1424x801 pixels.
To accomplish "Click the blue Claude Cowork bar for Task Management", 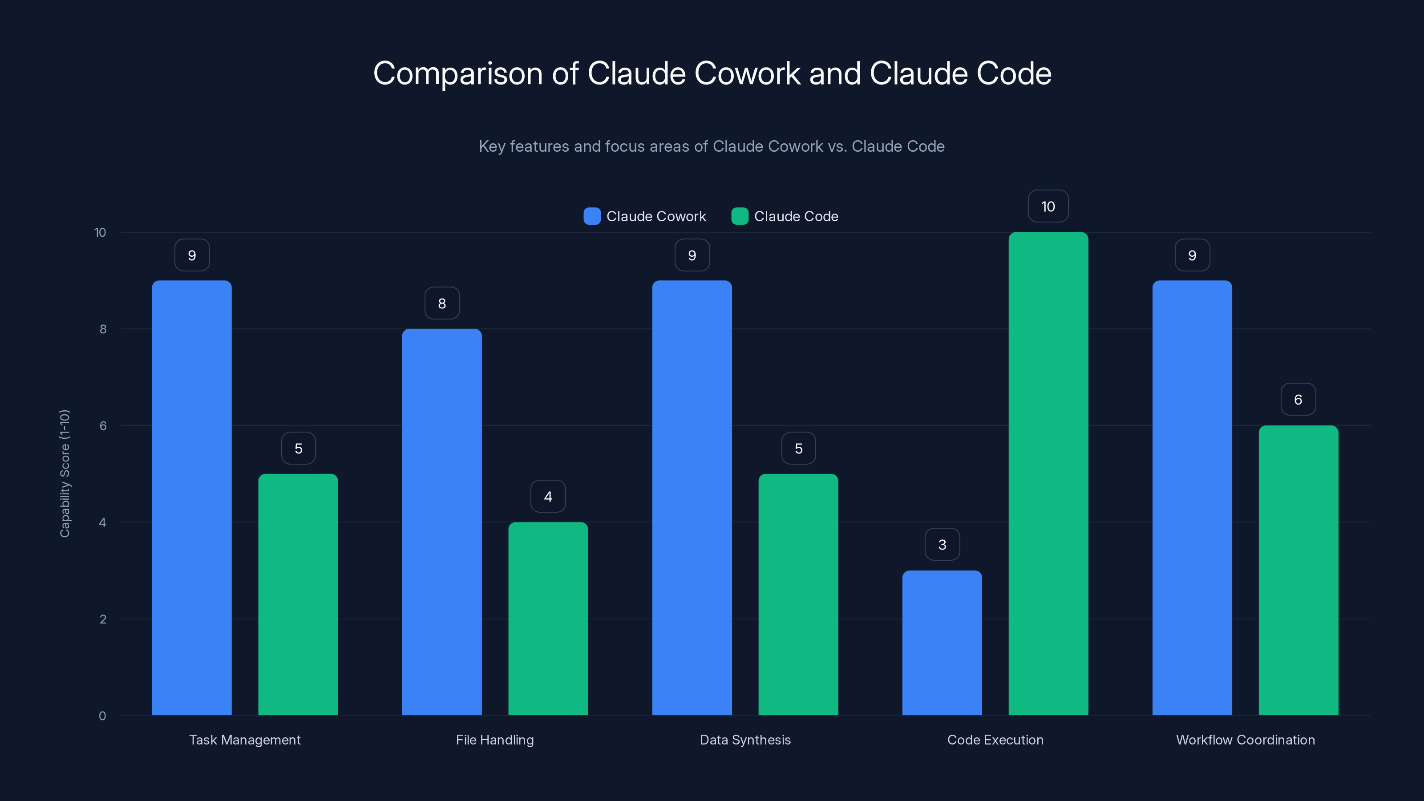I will pyautogui.click(x=192, y=498).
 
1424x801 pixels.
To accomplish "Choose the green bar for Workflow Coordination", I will pyautogui.click(x=1298, y=570).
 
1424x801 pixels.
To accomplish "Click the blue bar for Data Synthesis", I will pyautogui.click(x=692, y=498).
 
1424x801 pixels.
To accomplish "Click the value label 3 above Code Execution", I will pyautogui.click(x=942, y=545).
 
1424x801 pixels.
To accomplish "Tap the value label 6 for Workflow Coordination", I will pyautogui.click(x=1298, y=399).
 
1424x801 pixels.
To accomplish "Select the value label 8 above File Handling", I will pyautogui.click(x=442, y=303).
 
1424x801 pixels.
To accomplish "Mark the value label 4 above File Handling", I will pyautogui.click(x=548, y=497).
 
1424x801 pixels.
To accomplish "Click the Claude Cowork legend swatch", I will pyautogui.click(x=592, y=216).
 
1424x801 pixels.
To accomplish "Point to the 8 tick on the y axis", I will pyautogui.click(x=103, y=329).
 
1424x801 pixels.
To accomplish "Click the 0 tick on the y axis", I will pyautogui.click(x=102, y=716).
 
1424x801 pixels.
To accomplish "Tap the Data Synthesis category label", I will pyautogui.click(x=745, y=740).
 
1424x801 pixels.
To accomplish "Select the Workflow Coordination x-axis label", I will pyautogui.click(x=1245, y=740).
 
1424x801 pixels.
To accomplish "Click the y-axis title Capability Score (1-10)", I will pyautogui.click(x=65, y=473).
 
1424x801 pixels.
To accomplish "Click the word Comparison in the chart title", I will pyautogui.click(x=458, y=73).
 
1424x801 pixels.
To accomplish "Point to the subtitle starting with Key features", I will pyautogui.click(x=712, y=146).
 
